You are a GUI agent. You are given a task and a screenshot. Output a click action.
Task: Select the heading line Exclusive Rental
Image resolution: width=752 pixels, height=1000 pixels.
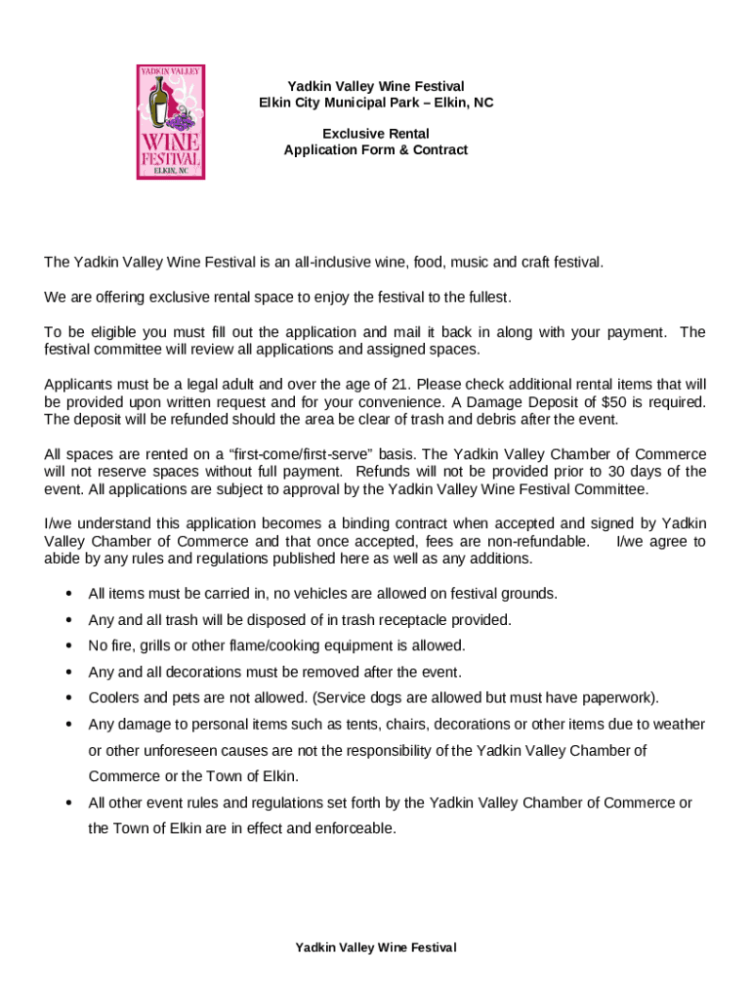tap(376, 134)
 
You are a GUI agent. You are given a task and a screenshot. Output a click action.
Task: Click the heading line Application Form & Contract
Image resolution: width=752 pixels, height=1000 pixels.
tap(376, 150)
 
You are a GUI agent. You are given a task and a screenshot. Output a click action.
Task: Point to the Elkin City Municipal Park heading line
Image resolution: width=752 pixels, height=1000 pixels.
tap(376, 103)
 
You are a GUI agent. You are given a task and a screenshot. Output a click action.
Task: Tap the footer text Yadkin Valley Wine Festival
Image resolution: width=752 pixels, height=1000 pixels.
tap(376, 948)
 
